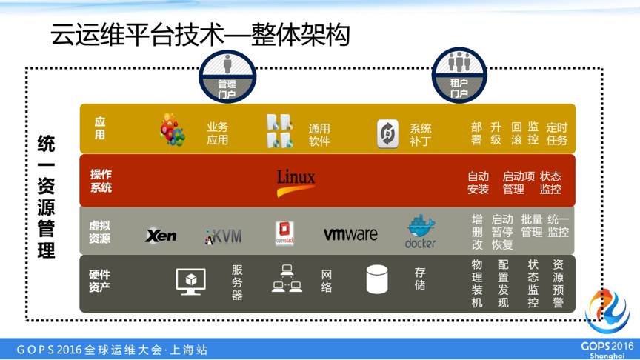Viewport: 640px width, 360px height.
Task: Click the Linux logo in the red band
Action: pyautogui.click(x=296, y=182)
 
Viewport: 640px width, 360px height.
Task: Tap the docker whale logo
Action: pyautogui.click(x=421, y=231)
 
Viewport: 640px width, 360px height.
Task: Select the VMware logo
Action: pyautogui.click(x=350, y=234)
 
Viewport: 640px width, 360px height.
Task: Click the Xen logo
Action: pyautogui.click(x=161, y=236)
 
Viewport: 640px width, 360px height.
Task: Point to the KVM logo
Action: pyautogui.click(x=223, y=236)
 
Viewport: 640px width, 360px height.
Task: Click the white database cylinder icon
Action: pyautogui.click(x=377, y=279)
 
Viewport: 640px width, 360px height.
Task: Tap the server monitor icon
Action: pyautogui.click(x=190, y=280)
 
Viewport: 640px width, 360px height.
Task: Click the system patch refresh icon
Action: pyautogui.click(x=387, y=133)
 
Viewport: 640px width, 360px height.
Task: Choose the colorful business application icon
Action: pyautogui.click(x=173, y=130)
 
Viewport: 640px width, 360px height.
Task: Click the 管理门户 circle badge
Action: pyautogui.click(x=227, y=76)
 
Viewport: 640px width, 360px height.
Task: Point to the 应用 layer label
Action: pyautogui.click(x=100, y=127)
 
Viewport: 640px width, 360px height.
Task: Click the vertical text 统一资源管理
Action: pyautogui.click(x=46, y=196)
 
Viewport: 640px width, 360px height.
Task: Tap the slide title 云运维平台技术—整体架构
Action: pyautogui.click(x=200, y=34)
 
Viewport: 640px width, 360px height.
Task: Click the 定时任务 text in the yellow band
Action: pyautogui.click(x=557, y=133)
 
